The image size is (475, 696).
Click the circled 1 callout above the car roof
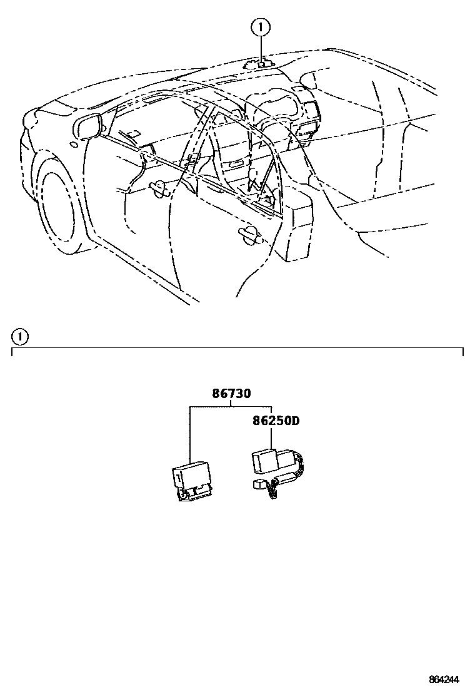coord(261,27)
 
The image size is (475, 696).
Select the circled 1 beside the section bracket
coord(20,337)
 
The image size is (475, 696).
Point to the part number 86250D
coord(276,421)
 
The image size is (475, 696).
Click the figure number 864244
coord(446,680)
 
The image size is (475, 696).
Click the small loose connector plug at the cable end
coord(259,484)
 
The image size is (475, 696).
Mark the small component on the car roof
coord(261,63)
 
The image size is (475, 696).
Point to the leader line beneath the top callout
coord(261,47)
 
